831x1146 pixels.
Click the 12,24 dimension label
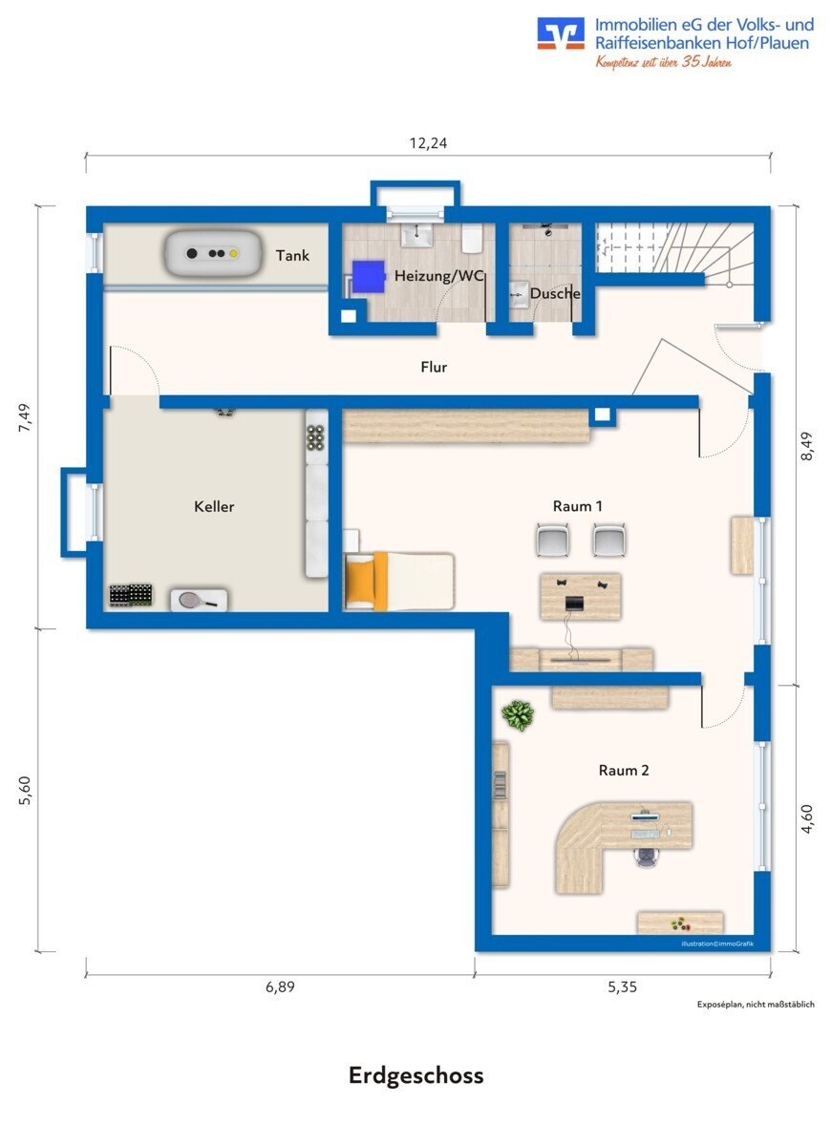point(428,143)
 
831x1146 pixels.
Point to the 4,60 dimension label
point(806,819)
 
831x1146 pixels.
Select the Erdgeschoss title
point(416,1075)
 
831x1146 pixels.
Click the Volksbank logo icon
point(561,33)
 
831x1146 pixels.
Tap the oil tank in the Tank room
point(212,254)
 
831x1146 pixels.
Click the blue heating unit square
point(369,276)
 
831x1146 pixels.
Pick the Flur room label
point(434,367)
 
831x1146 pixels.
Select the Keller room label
point(214,506)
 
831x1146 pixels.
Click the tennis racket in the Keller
point(199,600)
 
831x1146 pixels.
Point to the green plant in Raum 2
point(518,715)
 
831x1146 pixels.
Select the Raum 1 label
point(577,506)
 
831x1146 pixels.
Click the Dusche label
point(555,294)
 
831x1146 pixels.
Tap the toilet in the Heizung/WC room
point(472,239)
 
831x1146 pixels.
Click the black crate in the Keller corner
point(131,596)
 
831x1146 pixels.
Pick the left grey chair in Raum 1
point(553,540)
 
